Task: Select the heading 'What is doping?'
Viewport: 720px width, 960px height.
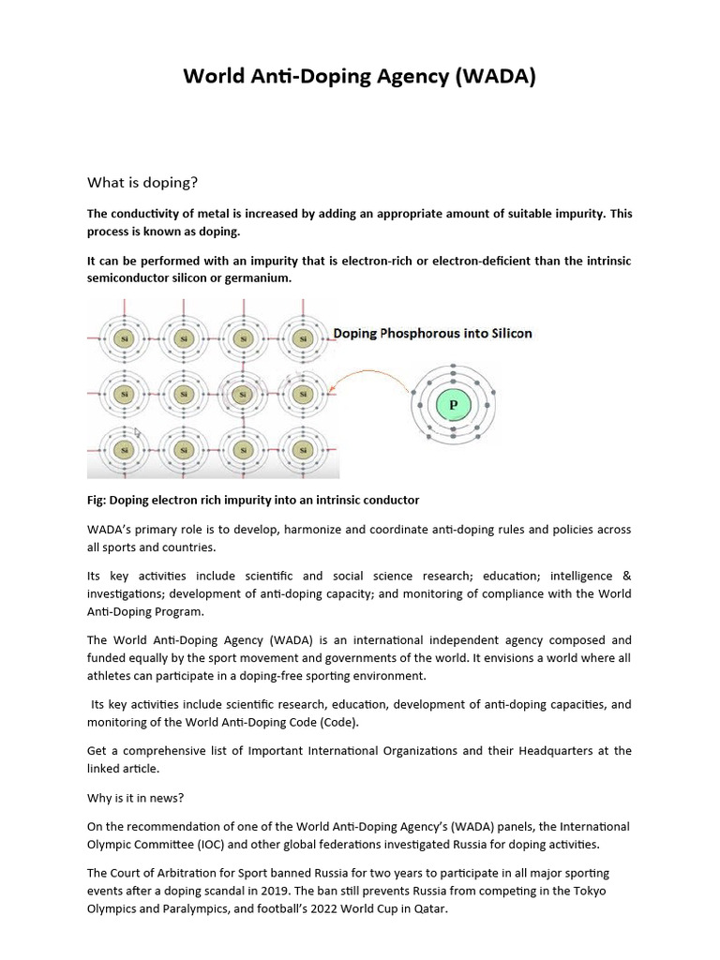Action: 142,181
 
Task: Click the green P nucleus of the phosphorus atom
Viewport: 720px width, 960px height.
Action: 453,405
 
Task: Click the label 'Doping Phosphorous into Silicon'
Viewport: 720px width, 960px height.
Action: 432,333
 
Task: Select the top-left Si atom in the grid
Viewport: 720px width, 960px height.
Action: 123,338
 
